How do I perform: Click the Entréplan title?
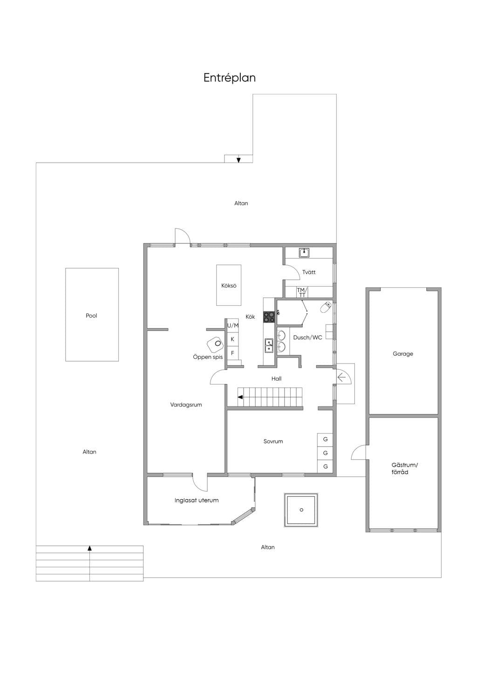[230, 78]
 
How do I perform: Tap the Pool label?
[91, 316]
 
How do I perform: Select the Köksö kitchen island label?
[229, 285]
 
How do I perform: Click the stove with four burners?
[269, 317]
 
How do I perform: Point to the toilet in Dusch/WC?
[326, 307]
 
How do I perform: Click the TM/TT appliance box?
[302, 292]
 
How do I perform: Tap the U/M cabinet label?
[233, 325]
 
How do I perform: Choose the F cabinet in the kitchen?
[232, 353]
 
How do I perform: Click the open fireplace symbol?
[215, 344]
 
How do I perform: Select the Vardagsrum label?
[186, 405]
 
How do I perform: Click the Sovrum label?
[273, 441]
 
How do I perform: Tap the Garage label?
[403, 354]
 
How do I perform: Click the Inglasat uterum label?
[197, 500]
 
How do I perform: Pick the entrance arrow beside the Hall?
[341, 377]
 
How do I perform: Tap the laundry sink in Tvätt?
[304, 253]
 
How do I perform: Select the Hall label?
[276, 379]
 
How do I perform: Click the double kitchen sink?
[269, 345]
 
